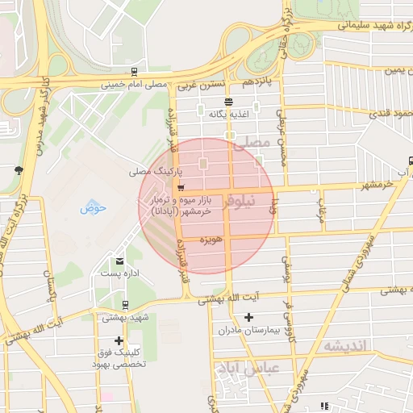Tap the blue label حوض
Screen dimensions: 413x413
click(x=94, y=207)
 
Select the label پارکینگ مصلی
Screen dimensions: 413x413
click(x=152, y=172)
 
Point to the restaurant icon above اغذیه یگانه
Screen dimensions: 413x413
click(x=230, y=102)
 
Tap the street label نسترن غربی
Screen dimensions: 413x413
click(x=198, y=83)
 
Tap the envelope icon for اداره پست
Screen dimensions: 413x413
click(x=120, y=261)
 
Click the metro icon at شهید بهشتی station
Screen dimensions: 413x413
click(x=125, y=305)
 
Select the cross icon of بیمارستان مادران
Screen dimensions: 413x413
click(x=248, y=318)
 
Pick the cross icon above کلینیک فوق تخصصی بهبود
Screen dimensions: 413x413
click(x=119, y=340)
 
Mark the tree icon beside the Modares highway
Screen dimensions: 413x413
click(x=19, y=169)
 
